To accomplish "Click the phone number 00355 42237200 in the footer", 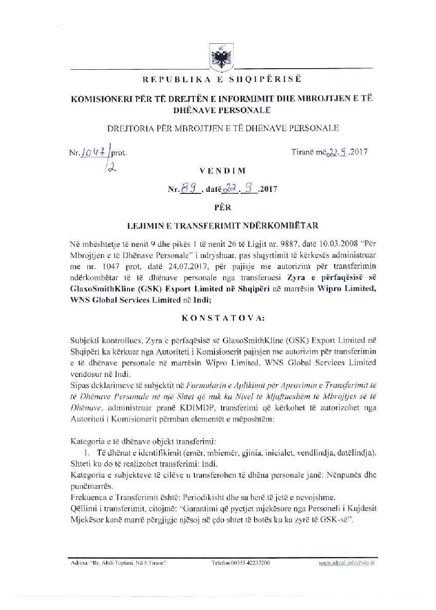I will (x=240, y=563).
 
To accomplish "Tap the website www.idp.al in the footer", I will (x=333, y=563).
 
